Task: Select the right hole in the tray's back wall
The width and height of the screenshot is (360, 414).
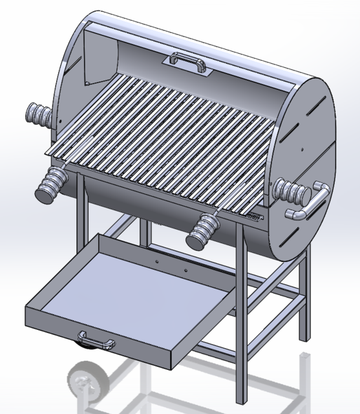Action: (185, 270)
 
